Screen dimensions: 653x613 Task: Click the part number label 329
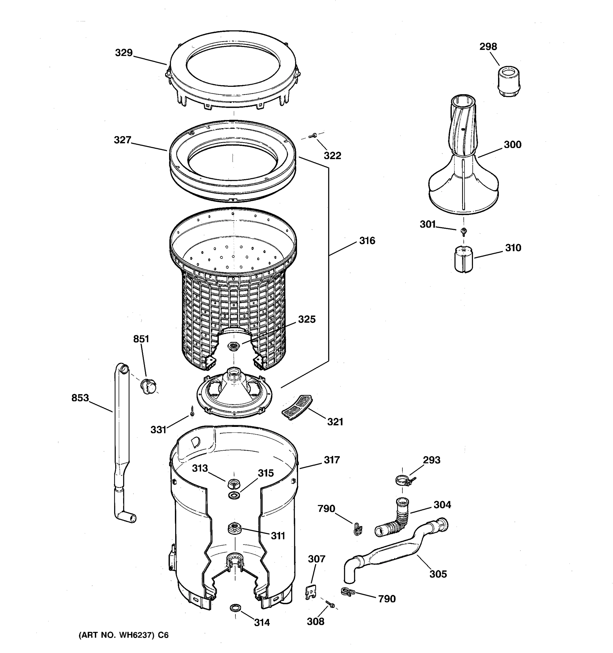tap(124, 53)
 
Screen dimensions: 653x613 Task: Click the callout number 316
tap(367, 241)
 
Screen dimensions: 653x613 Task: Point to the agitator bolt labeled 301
tap(464, 231)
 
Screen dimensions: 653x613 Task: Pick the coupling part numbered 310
tap(464, 260)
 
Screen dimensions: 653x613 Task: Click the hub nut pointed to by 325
tap(233, 346)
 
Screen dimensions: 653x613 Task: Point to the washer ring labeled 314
tap(235, 608)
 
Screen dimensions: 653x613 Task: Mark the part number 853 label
tap(80, 398)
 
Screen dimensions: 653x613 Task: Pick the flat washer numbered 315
tap(234, 494)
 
